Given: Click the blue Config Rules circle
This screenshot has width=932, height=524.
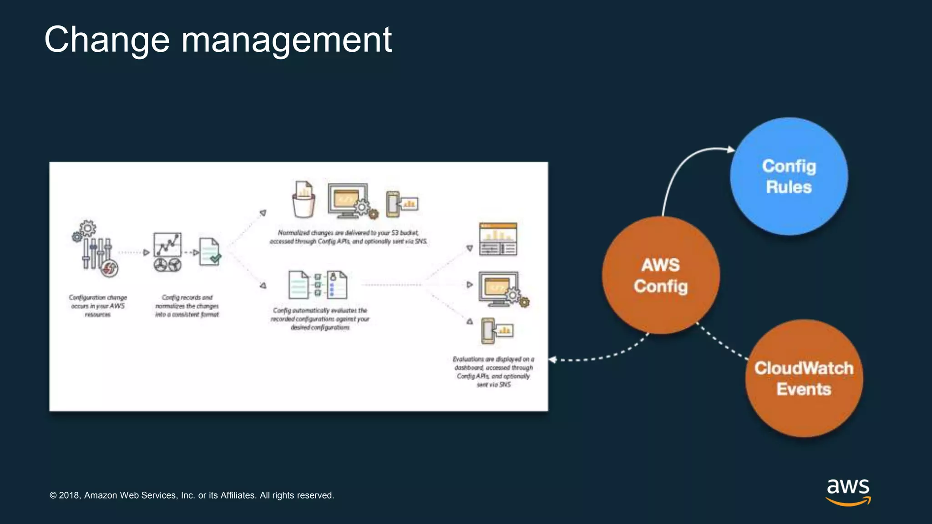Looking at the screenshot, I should pyautogui.click(x=789, y=176).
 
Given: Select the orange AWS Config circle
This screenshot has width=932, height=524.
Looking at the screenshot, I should pyautogui.click(x=661, y=275).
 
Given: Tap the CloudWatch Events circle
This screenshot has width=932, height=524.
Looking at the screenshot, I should pyautogui.click(x=804, y=378).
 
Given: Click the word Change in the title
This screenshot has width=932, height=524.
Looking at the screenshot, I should pyautogui.click(x=107, y=40).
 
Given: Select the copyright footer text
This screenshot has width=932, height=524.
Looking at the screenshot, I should pyautogui.click(x=192, y=495).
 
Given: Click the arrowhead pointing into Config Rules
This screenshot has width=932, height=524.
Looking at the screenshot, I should pyautogui.click(x=731, y=149).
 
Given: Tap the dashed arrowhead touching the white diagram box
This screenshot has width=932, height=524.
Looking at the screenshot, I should pyautogui.click(x=553, y=360).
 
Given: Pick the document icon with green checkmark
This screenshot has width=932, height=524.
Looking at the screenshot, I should pyautogui.click(x=210, y=251).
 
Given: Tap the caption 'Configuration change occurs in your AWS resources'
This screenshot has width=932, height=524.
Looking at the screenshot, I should pyautogui.click(x=98, y=306).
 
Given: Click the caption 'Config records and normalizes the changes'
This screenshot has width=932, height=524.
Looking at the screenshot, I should pyautogui.click(x=187, y=306).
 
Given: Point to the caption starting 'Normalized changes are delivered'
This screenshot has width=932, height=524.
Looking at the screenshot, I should pyautogui.click(x=348, y=237).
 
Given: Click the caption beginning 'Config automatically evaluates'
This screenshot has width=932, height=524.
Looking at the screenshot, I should pyautogui.click(x=320, y=318).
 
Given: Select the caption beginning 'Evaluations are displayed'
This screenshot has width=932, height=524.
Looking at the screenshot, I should pyautogui.click(x=494, y=372).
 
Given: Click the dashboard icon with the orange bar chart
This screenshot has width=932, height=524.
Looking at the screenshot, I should pyautogui.click(x=498, y=239).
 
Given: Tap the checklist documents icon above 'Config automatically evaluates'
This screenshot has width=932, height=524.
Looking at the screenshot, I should pyautogui.click(x=318, y=285).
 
